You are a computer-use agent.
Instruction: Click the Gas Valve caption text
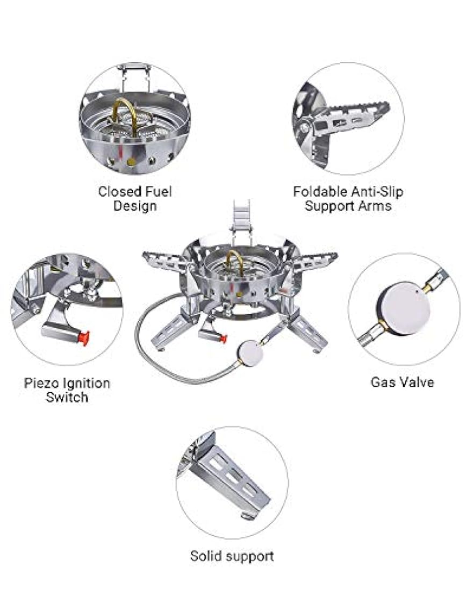tap(403, 382)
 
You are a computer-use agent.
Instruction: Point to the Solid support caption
tap(232, 556)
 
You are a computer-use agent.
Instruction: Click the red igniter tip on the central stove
tap(223, 338)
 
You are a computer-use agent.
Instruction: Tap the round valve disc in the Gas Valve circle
tap(404, 310)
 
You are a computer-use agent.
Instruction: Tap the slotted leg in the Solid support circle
tap(230, 478)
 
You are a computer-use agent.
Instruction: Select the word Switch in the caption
tap(67, 397)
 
